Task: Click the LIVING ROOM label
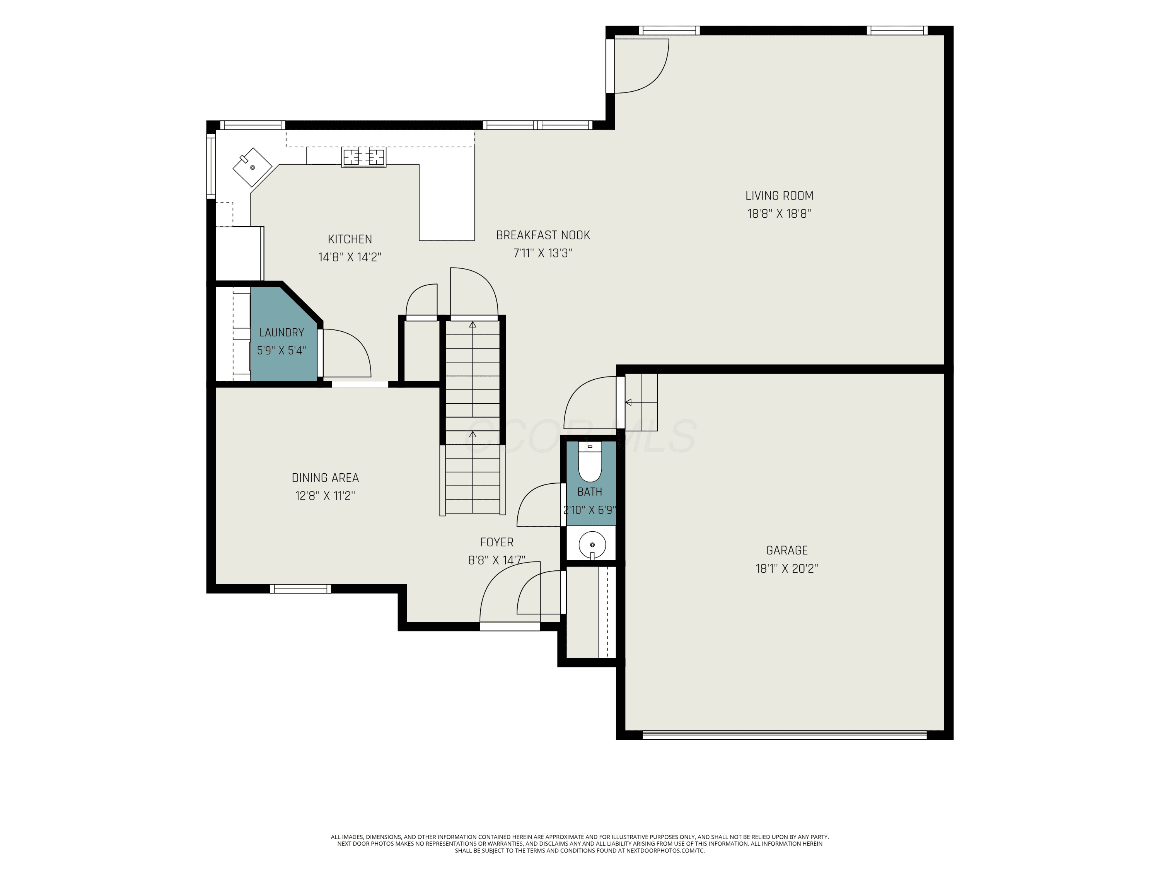coord(779,196)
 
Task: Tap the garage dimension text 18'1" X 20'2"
coord(786,568)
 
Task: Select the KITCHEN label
coord(350,239)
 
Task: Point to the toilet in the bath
coord(590,462)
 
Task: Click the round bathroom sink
coord(592,545)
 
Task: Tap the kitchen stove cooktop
coord(363,157)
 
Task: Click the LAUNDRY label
coord(281,333)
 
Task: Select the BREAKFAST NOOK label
coord(543,235)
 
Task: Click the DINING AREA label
coord(325,478)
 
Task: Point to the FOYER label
coord(496,542)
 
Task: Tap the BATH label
coord(589,492)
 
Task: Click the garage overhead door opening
coord(785,735)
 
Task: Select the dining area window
coord(300,589)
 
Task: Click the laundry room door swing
coord(346,353)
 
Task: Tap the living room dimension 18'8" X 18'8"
coord(779,213)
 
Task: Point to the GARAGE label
coord(786,550)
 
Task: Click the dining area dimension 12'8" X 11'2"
coord(325,496)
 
